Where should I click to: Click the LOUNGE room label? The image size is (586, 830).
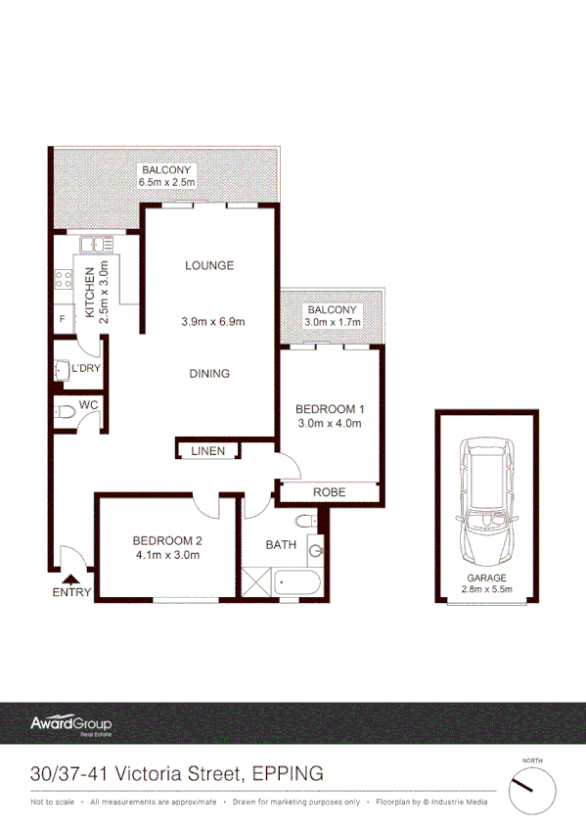click(210, 265)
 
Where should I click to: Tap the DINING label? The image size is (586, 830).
click(210, 373)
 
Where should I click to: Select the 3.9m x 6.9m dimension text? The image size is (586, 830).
click(212, 321)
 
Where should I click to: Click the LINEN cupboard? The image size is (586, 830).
click(209, 451)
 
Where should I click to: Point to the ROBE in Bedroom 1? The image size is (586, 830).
click(329, 492)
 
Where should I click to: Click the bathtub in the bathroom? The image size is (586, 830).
click(296, 583)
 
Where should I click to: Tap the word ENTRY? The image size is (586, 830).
click(72, 592)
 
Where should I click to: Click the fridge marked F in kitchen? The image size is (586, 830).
click(63, 319)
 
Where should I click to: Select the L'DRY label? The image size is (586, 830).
click(86, 369)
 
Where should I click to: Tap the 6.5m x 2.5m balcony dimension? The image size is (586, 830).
click(168, 182)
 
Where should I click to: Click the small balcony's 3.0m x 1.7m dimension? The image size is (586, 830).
click(333, 321)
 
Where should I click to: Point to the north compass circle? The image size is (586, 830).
click(531, 789)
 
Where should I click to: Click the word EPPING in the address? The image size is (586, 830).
click(288, 773)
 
